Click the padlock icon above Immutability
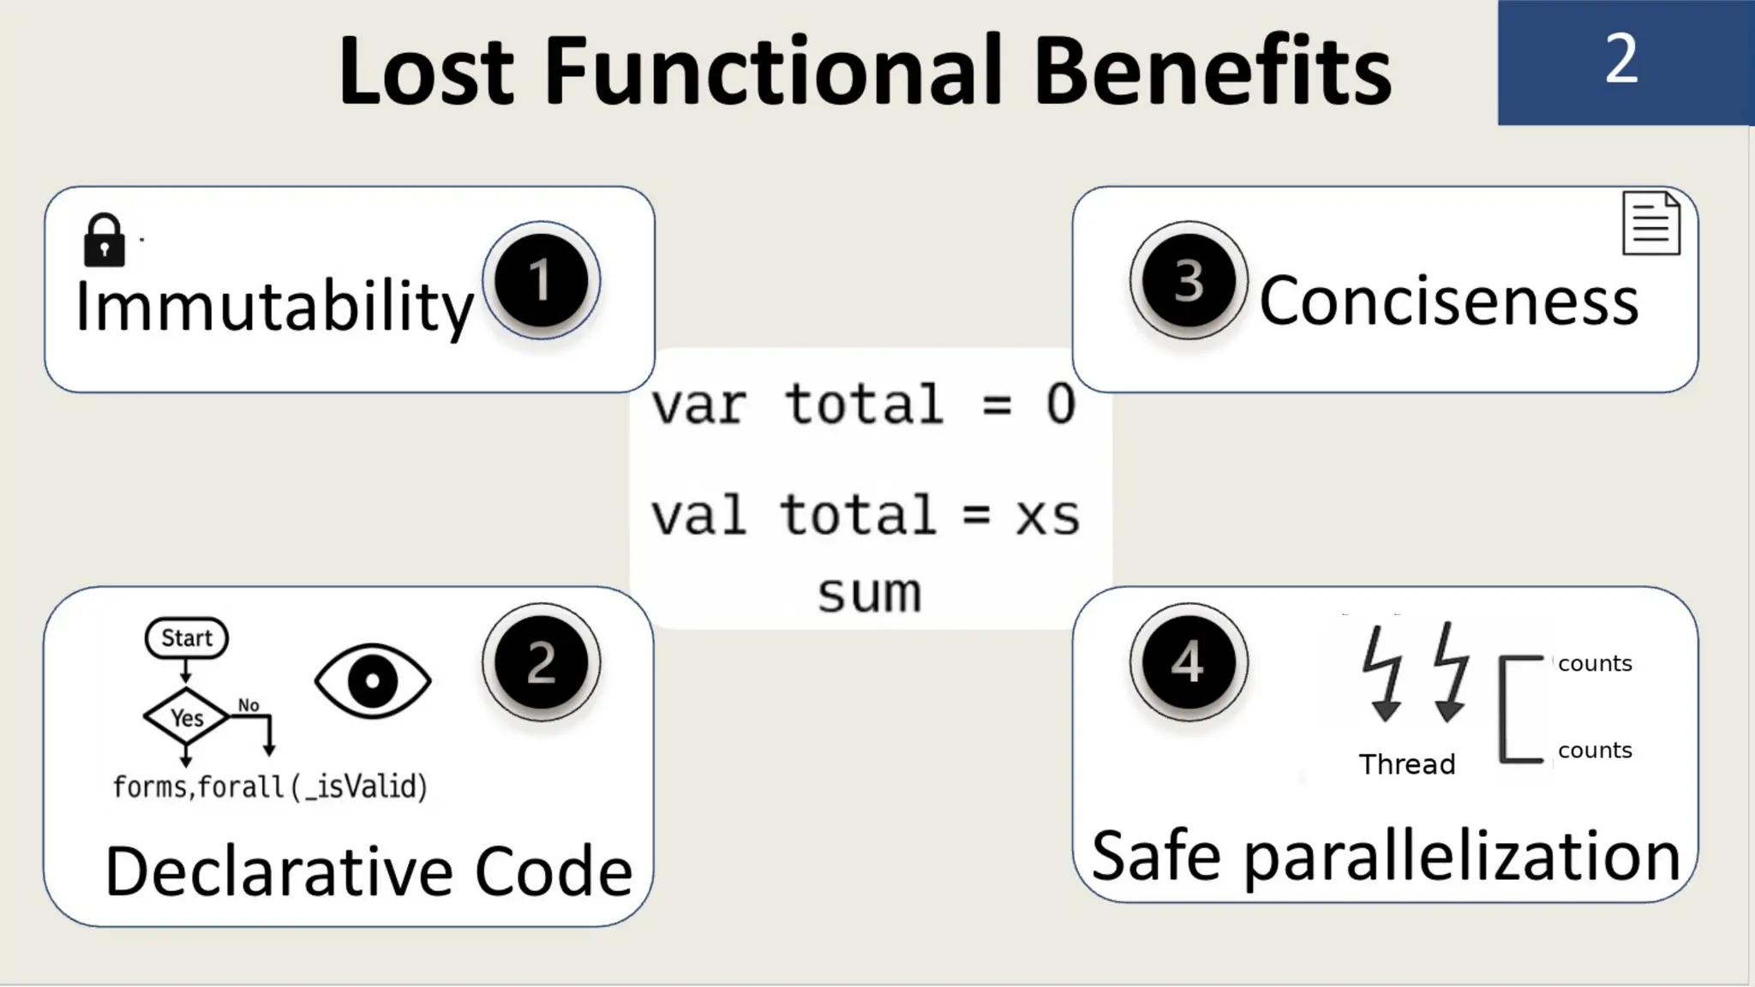pos(104,241)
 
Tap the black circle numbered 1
pos(541,280)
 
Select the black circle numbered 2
pos(541,662)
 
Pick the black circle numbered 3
pos(1188,280)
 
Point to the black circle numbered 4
pos(1188,661)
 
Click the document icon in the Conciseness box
pos(1650,224)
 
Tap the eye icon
pos(373,681)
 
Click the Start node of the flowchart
pos(187,638)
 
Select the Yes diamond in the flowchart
pos(186,717)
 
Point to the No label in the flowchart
pos(249,705)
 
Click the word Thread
pos(1407,763)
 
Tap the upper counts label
pos(1595,663)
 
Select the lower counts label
pos(1595,750)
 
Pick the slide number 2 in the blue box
pos(1621,60)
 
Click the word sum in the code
pos(869,593)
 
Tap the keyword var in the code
pos(698,404)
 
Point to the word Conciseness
pos(1448,301)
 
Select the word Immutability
pos(274,307)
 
